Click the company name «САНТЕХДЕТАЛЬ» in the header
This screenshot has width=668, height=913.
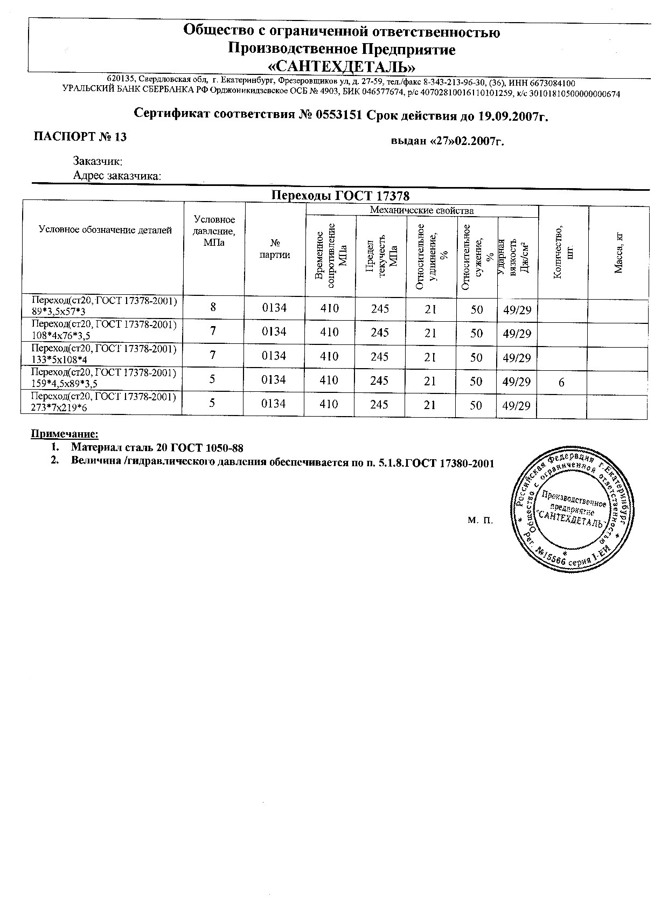(342, 67)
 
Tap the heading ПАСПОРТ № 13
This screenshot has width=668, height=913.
(80, 137)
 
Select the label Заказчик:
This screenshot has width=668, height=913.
(98, 161)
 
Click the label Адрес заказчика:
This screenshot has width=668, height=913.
(117, 176)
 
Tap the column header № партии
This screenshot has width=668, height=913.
(275, 249)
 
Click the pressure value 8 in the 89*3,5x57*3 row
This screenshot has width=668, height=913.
(213, 307)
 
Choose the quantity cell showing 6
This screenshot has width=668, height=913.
(561, 382)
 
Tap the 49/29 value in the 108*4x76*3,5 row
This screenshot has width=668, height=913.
(517, 334)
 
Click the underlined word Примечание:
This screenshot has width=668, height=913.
(65, 434)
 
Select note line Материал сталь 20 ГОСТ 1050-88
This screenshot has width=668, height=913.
(157, 447)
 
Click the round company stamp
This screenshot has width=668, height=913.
(569, 509)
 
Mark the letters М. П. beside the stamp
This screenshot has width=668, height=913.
(481, 520)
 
